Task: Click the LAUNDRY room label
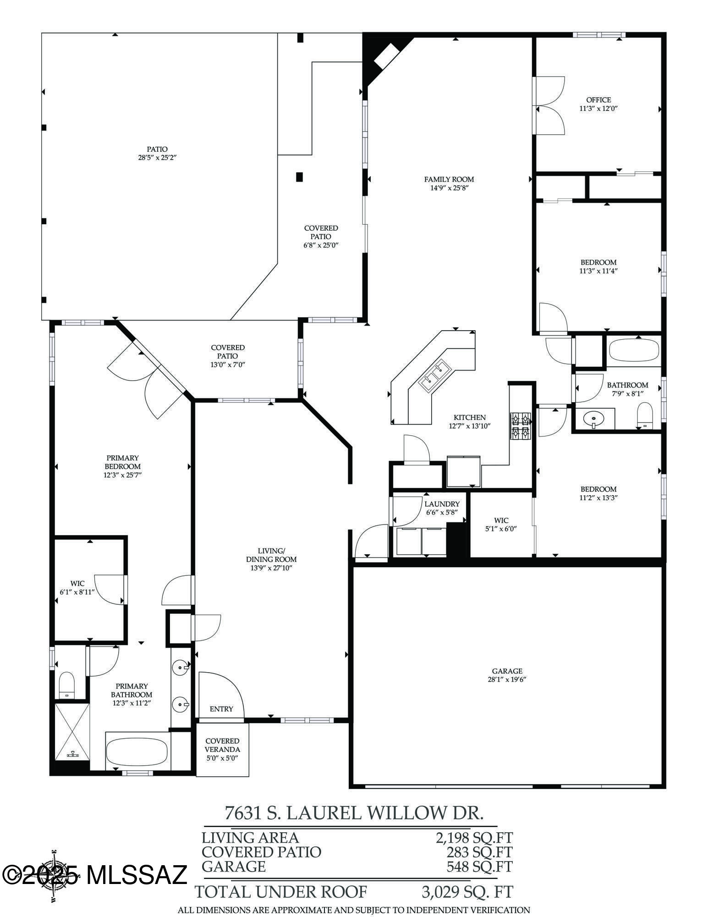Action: coord(441,504)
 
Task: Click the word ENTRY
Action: coord(221,709)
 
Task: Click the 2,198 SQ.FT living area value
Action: coord(474,838)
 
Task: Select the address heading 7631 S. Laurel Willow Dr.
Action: coord(354,813)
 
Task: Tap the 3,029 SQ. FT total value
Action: coord(467,892)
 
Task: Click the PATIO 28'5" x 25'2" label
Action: coord(157,153)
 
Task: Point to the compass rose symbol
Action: coord(54,876)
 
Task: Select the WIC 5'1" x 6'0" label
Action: coord(501,525)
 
